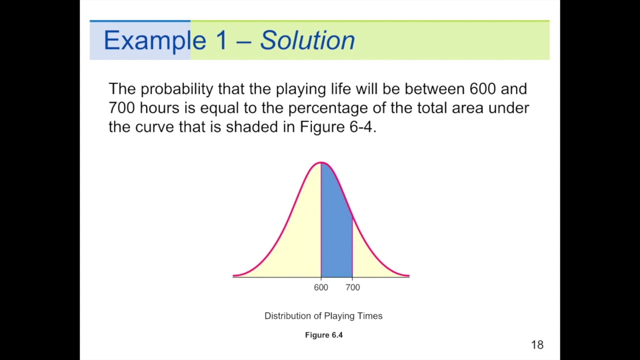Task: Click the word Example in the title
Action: tap(154, 40)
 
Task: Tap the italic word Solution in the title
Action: tap(307, 40)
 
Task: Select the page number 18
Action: tap(537, 344)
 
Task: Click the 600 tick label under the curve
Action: tap(321, 287)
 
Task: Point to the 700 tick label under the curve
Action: tap(352, 287)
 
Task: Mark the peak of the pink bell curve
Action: tap(321, 162)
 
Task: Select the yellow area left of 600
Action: tap(295, 240)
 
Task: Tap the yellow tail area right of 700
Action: tap(370, 260)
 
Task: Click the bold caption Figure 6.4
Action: tap(323, 335)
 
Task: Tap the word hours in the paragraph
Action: tap(159, 108)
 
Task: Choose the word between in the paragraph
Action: tap(434, 89)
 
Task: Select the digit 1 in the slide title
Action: tap(221, 40)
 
